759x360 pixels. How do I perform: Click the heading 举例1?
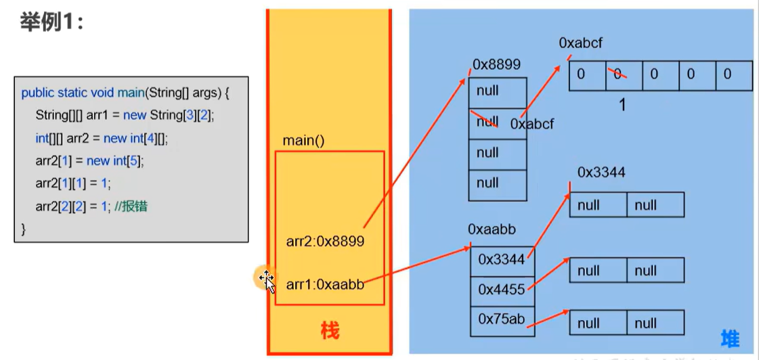click(x=50, y=22)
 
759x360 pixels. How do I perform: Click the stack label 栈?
click(x=330, y=332)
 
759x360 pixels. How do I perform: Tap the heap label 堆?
click(x=730, y=338)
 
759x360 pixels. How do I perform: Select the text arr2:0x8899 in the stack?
click(x=326, y=241)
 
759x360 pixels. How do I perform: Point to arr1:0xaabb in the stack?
click(x=325, y=285)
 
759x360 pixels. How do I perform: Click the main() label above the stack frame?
click(x=304, y=141)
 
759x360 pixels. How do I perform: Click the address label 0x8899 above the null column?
click(x=496, y=65)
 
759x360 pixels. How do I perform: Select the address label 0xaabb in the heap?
click(x=492, y=230)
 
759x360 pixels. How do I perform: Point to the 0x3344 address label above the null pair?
click(x=601, y=173)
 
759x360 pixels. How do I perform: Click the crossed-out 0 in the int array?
click(x=617, y=74)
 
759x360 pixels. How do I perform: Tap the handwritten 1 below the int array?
click(x=622, y=105)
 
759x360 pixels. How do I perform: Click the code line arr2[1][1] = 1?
click(x=73, y=183)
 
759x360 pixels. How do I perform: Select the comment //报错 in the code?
click(x=131, y=206)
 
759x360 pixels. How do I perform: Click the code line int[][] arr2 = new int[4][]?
click(x=102, y=138)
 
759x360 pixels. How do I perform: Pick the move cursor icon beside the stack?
click(x=266, y=279)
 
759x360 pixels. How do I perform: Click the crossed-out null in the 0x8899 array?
click(x=487, y=122)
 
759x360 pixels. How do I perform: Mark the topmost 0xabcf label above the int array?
click(x=580, y=43)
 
